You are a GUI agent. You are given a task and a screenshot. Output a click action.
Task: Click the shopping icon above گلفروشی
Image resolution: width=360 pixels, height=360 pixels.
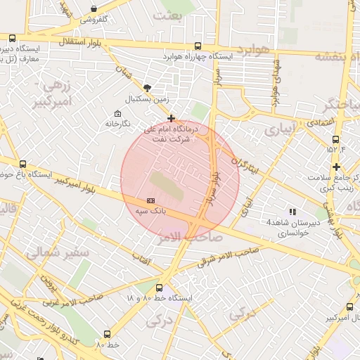(x=94, y=9)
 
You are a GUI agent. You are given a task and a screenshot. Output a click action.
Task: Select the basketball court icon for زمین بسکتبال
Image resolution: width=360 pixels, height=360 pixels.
(x=146, y=88)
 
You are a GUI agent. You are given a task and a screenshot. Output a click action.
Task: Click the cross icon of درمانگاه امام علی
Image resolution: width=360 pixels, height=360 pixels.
(x=171, y=118)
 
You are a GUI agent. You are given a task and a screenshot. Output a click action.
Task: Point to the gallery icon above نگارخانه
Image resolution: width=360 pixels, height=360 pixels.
(x=117, y=113)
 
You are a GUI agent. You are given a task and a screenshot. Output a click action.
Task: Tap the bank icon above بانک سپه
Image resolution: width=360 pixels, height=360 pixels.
(x=150, y=200)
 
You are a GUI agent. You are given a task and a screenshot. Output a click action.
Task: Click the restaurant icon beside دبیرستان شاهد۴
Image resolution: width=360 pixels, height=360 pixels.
(x=292, y=211)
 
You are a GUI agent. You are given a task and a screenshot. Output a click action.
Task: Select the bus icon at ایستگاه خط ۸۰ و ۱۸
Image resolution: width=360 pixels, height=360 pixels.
(x=159, y=288)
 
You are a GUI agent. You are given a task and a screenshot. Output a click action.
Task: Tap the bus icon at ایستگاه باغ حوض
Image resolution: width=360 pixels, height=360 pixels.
(x=22, y=163)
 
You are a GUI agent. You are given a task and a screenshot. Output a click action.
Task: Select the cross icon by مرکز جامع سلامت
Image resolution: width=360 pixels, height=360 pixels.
(x=337, y=167)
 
